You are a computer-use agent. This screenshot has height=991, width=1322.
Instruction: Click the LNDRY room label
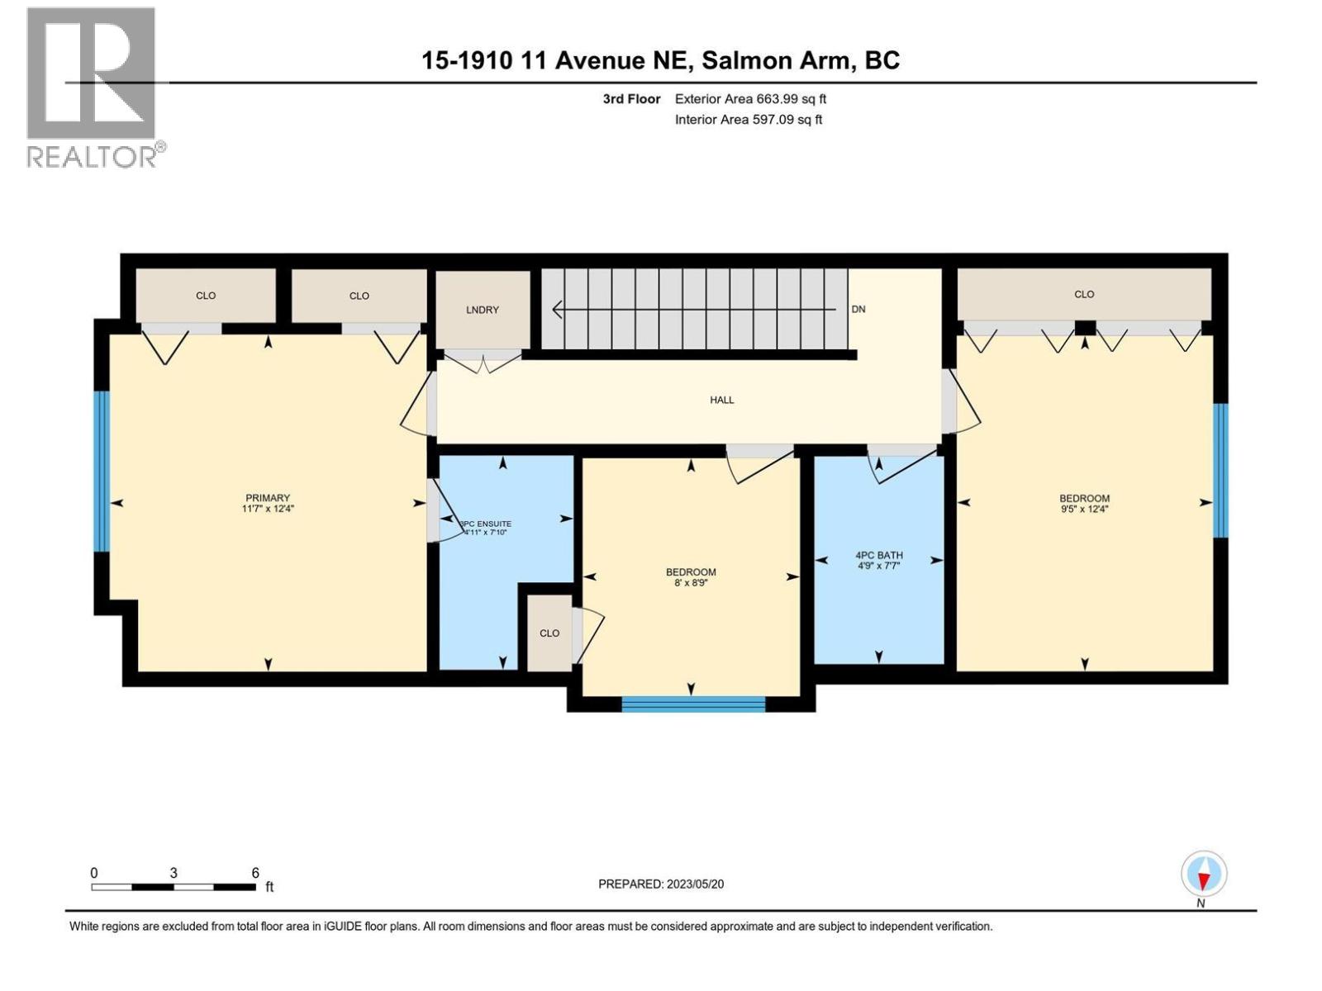483,310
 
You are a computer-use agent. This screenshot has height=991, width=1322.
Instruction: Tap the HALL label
721,400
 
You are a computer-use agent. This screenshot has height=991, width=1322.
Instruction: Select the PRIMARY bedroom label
268,498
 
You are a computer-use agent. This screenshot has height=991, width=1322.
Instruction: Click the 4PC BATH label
879,555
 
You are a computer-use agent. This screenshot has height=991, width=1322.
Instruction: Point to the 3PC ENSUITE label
487,524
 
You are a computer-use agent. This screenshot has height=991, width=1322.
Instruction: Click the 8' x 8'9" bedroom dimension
691,583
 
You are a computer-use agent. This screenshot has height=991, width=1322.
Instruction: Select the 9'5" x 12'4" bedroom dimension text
1084,510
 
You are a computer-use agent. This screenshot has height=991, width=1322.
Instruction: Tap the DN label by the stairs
858,309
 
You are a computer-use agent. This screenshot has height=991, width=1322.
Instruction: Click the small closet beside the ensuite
549,633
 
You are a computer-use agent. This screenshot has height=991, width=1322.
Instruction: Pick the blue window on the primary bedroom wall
101,471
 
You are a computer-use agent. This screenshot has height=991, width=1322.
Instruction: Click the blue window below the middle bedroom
693,704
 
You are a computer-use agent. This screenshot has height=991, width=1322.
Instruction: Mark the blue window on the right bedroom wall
1220,471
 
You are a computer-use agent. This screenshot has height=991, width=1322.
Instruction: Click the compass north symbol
1204,875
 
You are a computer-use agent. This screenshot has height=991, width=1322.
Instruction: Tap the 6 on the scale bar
255,873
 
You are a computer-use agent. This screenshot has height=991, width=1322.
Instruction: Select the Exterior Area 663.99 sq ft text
750,99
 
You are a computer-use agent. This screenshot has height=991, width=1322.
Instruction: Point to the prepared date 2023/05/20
661,884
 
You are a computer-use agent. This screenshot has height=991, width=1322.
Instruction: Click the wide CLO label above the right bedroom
1084,294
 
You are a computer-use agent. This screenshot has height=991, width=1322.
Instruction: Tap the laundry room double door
483,360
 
